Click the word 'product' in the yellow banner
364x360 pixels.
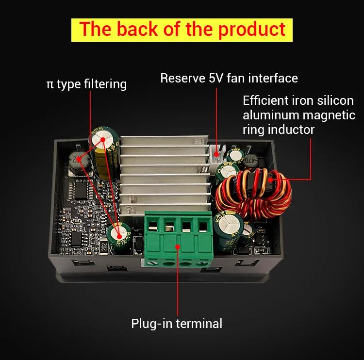(251, 30)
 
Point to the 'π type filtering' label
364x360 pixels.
(86, 84)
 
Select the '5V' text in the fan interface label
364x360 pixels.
(216, 78)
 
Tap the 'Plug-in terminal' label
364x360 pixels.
(177, 323)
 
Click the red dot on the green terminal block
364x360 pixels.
(178, 247)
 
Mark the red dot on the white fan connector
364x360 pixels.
(216, 154)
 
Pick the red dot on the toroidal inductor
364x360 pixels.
(270, 180)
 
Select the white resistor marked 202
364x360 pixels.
(104, 247)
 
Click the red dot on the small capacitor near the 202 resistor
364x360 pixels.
(119, 236)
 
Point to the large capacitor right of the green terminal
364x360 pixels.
(229, 232)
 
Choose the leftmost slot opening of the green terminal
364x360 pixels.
(153, 226)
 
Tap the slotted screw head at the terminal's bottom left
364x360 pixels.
(153, 263)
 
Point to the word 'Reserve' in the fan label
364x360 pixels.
(182, 78)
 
